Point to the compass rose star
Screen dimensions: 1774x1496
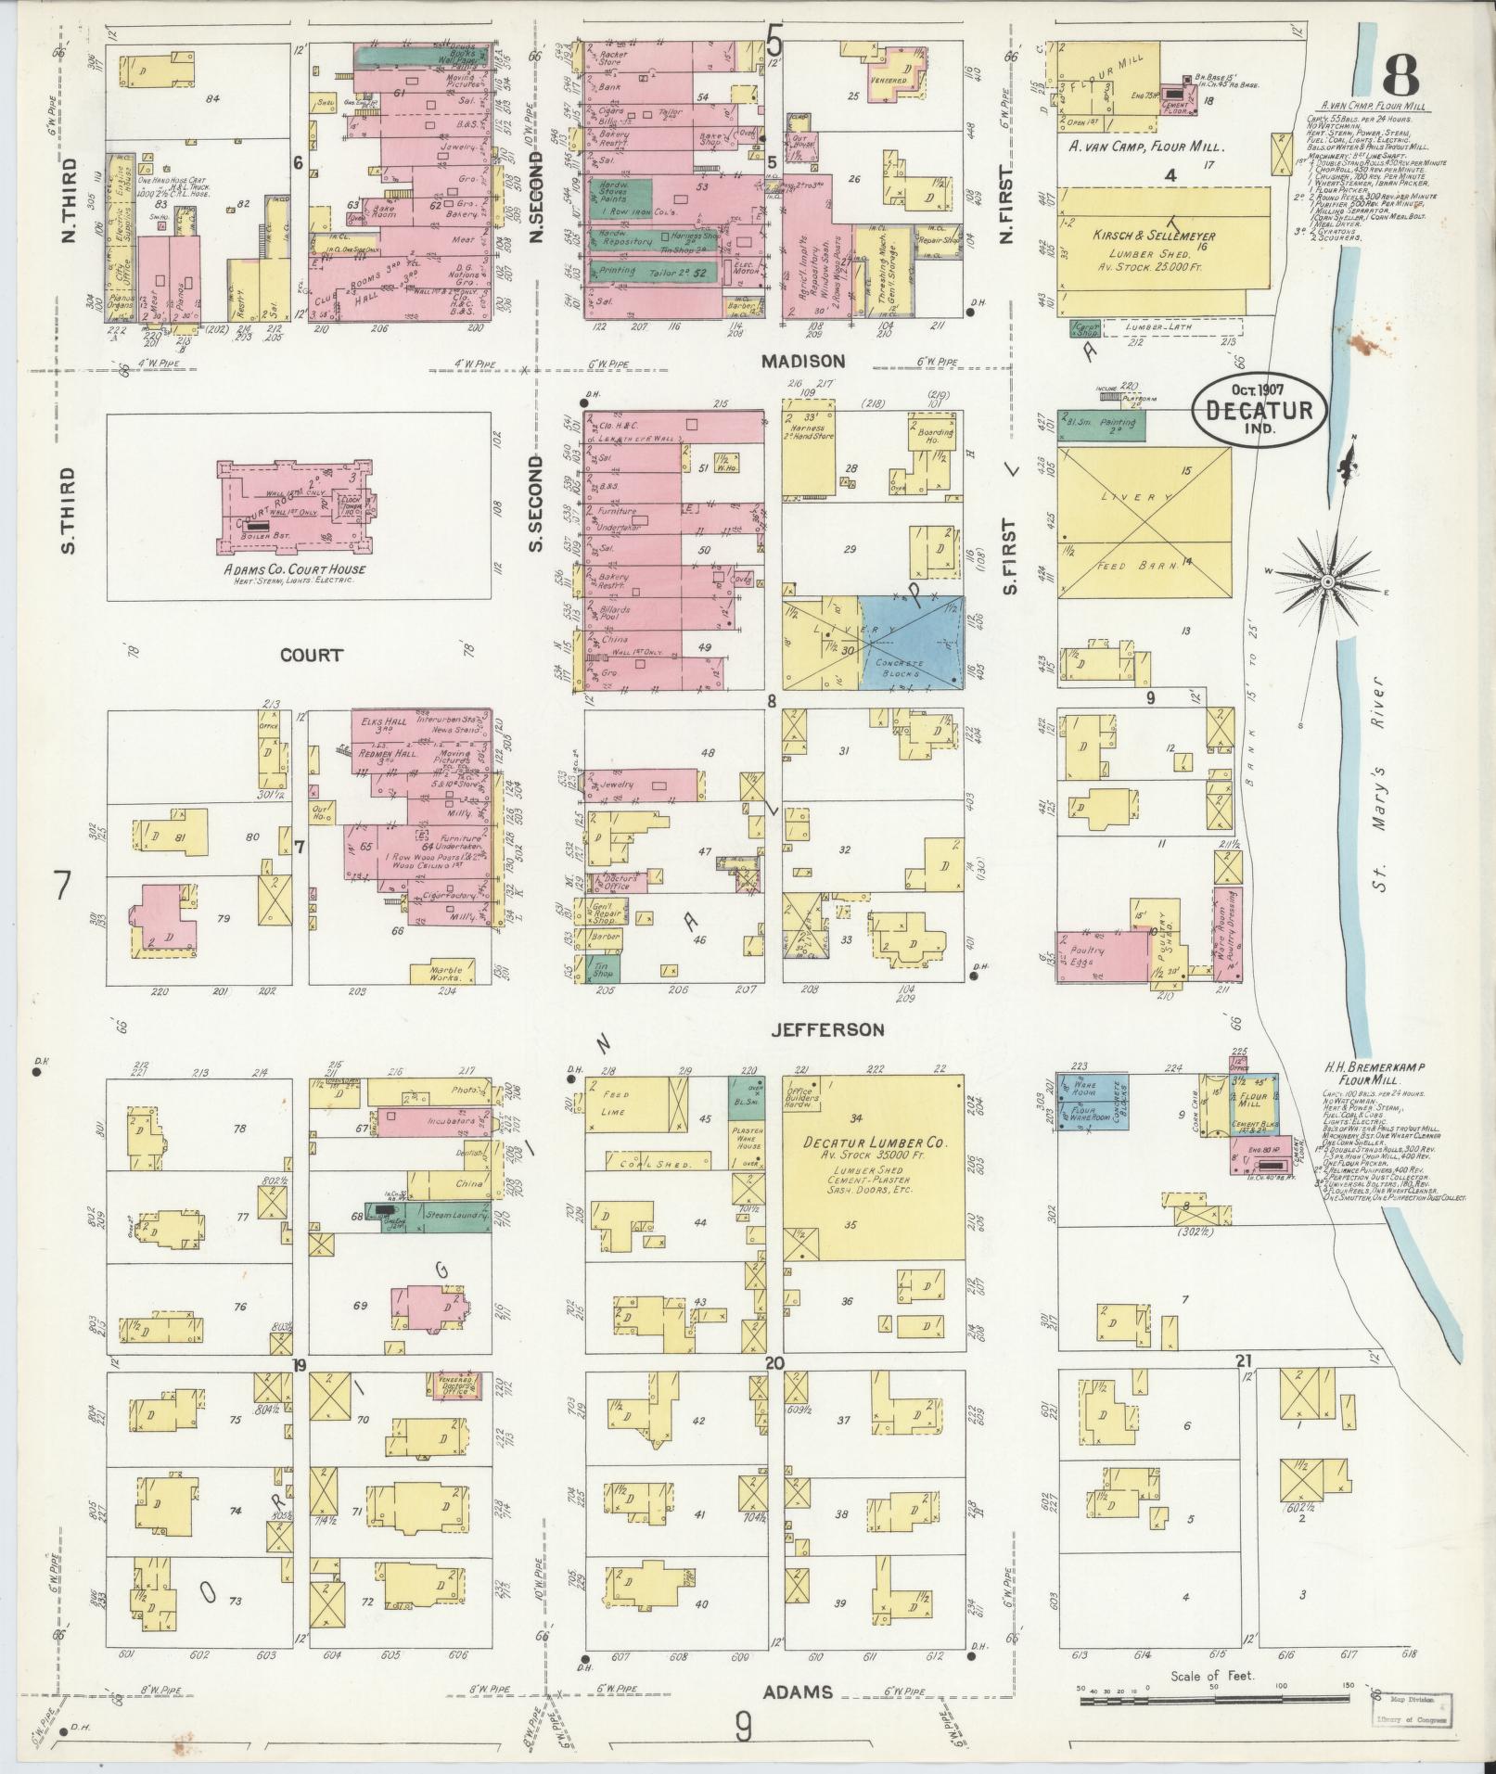tap(1326, 581)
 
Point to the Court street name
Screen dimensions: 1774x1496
tap(313, 655)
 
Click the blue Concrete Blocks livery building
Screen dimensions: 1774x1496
tap(910, 642)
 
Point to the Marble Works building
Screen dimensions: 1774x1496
tap(449, 971)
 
